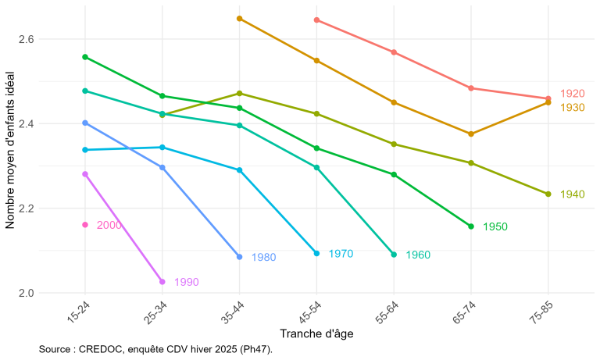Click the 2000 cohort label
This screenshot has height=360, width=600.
pos(109,225)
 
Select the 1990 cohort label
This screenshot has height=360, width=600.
pos(186,283)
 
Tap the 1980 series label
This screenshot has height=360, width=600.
pos(263,257)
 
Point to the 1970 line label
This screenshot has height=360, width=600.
pos(341,254)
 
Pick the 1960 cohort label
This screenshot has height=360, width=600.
pos(418,255)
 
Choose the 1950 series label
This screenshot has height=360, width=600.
pos(495,226)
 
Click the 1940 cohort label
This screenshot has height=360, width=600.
pos(573,194)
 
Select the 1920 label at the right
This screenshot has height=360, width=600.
pos(573,94)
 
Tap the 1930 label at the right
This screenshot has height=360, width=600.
pos(573,107)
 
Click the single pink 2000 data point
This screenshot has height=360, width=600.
pos(85,225)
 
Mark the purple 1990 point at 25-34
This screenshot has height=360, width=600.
pos(162,282)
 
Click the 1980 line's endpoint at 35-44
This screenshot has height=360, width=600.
pos(240,257)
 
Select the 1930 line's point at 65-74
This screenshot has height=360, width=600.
pos(471,134)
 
